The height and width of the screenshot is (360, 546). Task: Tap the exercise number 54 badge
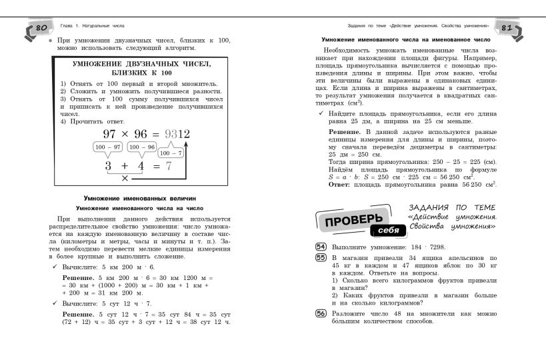pos(320,246)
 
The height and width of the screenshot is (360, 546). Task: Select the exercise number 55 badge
pos(320,257)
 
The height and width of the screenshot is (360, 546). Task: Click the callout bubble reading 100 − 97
pos(108,147)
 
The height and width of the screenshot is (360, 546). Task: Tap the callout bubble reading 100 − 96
pos(141,147)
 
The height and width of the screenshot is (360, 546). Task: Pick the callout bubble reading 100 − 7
pos(171,153)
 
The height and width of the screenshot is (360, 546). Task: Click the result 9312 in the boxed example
pos(176,133)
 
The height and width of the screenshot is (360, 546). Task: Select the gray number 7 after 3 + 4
pos(169,166)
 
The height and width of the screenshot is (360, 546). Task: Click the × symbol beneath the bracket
pos(125,179)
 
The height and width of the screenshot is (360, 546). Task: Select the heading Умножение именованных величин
pos(139,198)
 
